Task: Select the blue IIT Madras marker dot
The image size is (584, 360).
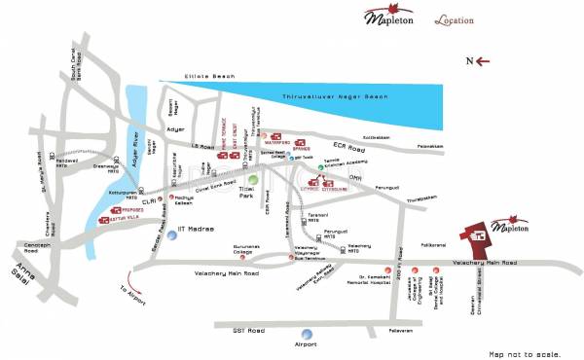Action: click(172, 234)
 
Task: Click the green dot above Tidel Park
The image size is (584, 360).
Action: click(253, 178)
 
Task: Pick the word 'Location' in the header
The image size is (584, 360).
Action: click(455, 19)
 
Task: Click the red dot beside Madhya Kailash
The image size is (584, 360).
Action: click(171, 198)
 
